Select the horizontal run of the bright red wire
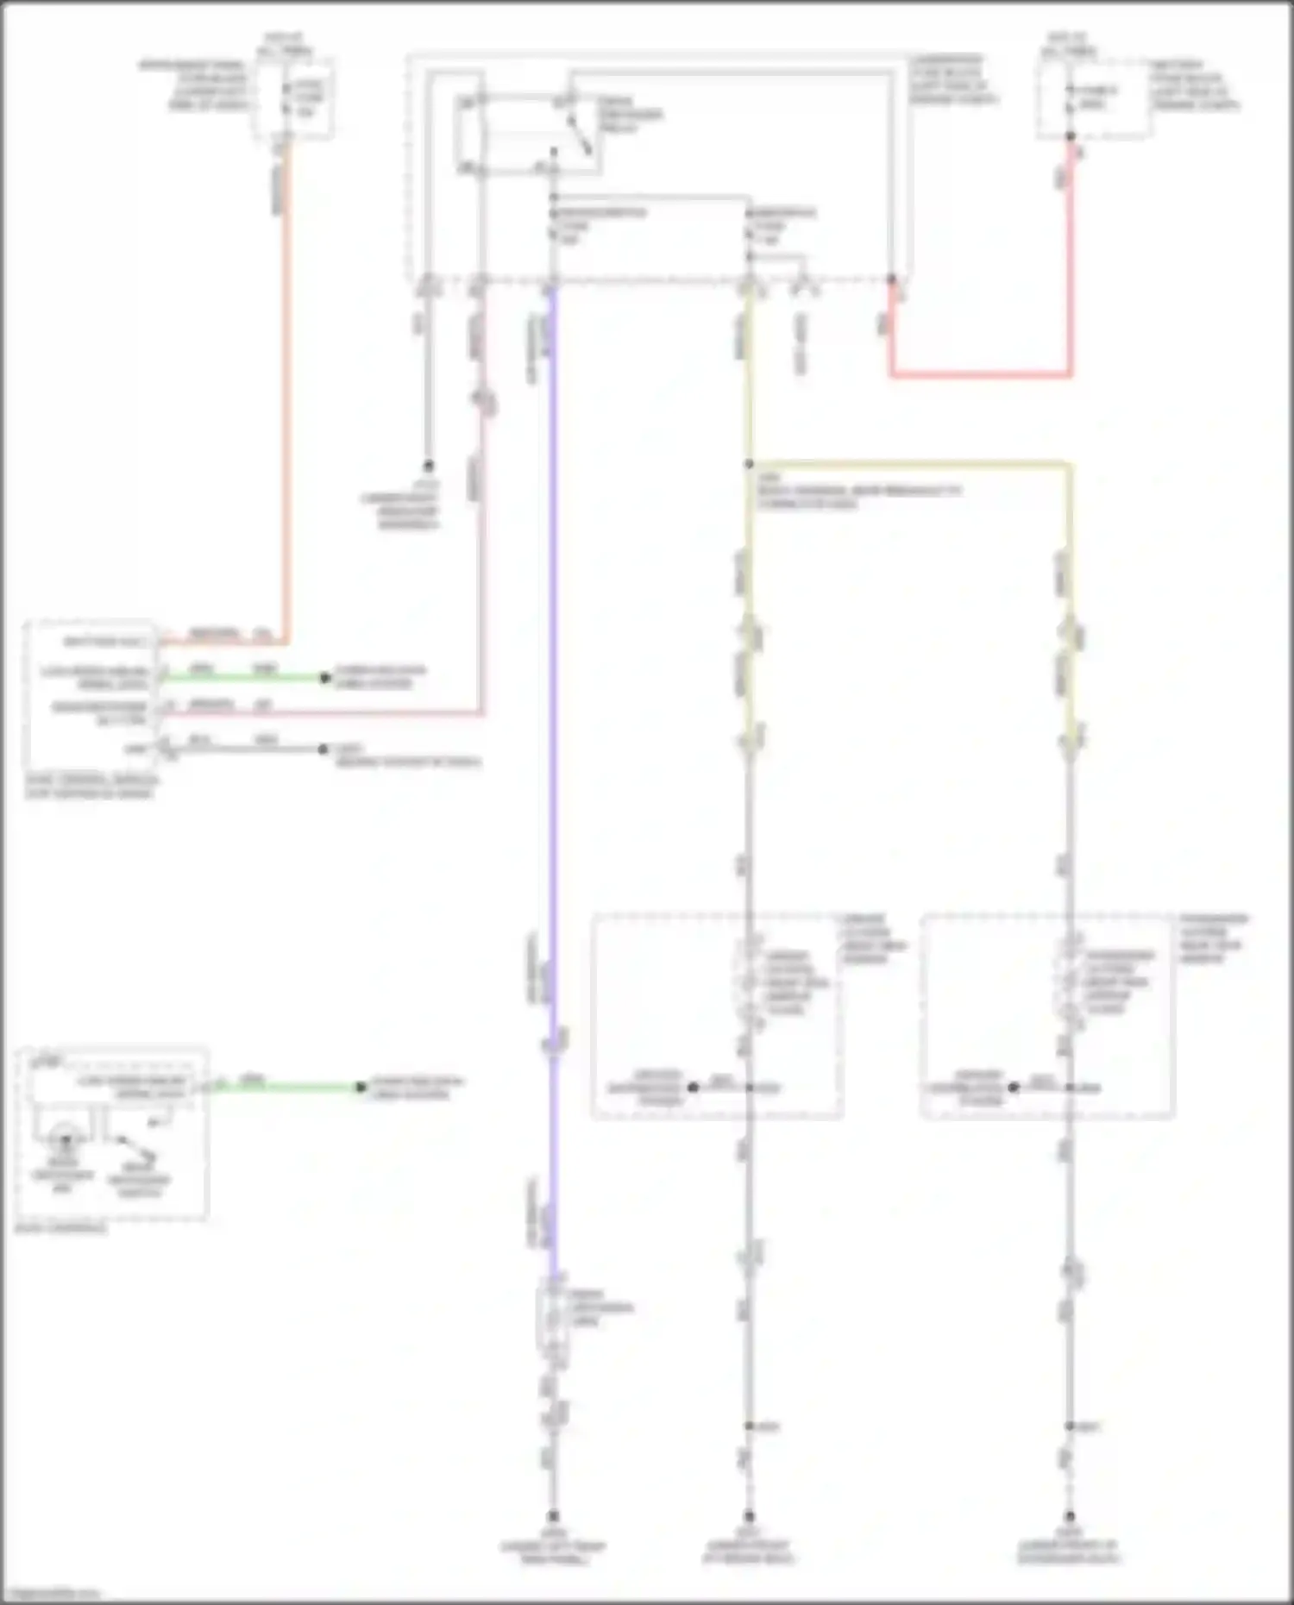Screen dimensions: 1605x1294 pyautogui.click(x=980, y=375)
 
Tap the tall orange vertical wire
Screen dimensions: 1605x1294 pyautogui.click(x=286, y=388)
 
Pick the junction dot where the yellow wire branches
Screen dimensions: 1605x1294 pyautogui.click(x=749, y=465)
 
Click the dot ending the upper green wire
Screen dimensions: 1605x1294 pyautogui.click(x=325, y=678)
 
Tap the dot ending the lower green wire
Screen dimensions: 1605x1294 pyautogui.click(x=361, y=1088)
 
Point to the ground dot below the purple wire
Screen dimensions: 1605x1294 pyautogui.click(x=553, y=1515)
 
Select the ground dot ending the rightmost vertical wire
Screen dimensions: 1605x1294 pyautogui.click(x=1070, y=1515)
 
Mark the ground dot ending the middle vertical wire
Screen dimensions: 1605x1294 pyautogui.click(x=749, y=1515)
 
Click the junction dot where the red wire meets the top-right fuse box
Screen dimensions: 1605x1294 pyautogui.click(x=1071, y=136)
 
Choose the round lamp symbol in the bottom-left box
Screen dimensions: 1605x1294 pyautogui.click(x=65, y=1139)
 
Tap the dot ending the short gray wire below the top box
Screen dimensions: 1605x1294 pyautogui.click(x=427, y=466)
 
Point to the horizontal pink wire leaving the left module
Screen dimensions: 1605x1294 pyautogui.click(x=319, y=714)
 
